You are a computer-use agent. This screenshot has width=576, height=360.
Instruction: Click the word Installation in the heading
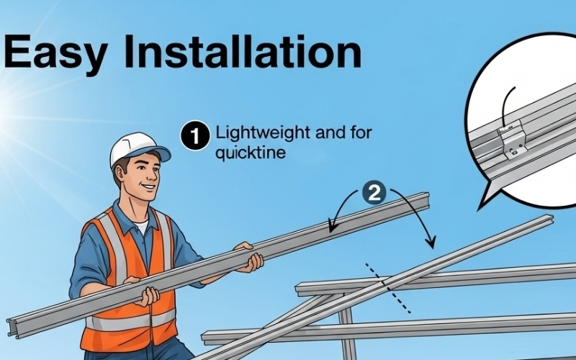point(243,51)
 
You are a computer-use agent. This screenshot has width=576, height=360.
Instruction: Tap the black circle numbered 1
point(195,135)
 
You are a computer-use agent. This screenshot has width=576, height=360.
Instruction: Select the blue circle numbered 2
point(374,192)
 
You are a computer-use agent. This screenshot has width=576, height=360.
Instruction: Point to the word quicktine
point(250,152)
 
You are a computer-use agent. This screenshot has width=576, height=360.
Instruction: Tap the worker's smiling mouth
point(149,187)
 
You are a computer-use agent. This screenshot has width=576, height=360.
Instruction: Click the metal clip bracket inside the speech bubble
point(513,139)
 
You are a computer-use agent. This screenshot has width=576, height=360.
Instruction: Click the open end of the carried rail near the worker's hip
point(14,328)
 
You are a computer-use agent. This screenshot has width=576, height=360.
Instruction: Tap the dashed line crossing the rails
point(388,289)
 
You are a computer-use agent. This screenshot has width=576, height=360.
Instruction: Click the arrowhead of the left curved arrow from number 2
point(332,225)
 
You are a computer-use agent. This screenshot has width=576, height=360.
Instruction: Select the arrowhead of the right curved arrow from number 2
point(431,243)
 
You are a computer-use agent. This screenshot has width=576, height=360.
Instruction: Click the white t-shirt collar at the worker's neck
point(141,225)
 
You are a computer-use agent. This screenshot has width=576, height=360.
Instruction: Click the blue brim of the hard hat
point(156,153)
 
